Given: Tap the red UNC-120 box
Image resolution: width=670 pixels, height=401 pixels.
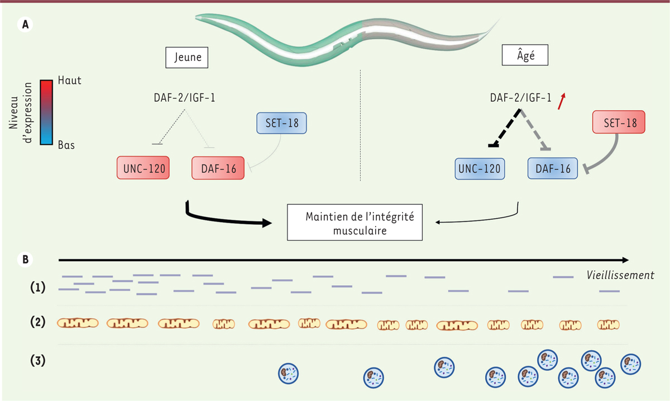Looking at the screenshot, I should pos(143,168).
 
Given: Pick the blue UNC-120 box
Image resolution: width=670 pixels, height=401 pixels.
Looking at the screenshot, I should pos(480,168).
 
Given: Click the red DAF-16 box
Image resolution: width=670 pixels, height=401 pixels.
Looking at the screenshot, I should pos(218,168).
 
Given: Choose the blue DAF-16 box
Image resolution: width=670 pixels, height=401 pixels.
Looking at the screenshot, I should pos(552,168).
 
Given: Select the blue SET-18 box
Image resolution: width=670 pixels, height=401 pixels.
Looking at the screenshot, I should pos(281,122).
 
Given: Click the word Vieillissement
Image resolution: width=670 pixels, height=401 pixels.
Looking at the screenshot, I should pos(620,275).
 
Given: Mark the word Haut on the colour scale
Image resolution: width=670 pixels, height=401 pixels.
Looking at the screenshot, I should pos(69,81).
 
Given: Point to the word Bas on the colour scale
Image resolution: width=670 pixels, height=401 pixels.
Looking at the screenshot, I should pos(66,145).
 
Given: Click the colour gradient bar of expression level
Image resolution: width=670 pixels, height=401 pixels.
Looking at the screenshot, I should pos(46,112).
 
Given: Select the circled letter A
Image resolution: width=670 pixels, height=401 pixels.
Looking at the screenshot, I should pos(25,24).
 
